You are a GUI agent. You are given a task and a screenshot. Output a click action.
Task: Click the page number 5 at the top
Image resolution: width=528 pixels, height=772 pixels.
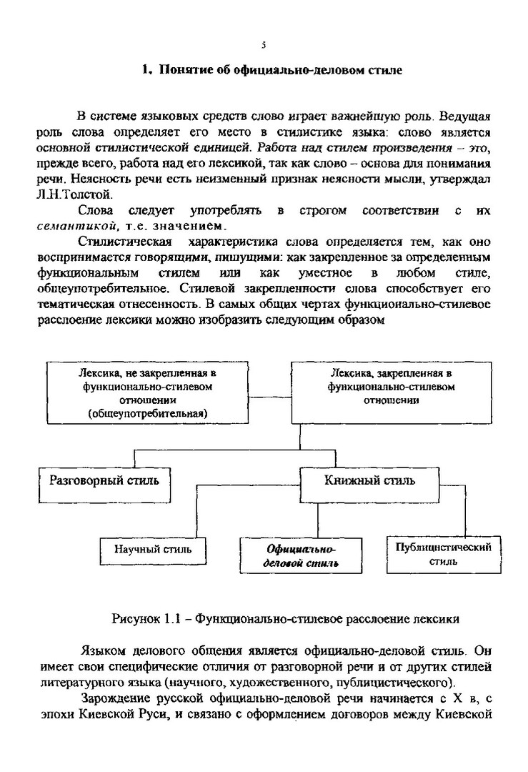(x=264, y=45)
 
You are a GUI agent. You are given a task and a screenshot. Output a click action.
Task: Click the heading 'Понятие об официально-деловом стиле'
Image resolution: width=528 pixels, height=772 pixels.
(x=280, y=70)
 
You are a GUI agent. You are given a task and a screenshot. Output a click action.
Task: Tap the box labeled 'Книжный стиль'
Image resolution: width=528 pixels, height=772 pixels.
(x=369, y=480)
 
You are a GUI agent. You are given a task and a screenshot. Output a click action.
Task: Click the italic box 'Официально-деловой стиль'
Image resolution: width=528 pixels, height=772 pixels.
(x=301, y=555)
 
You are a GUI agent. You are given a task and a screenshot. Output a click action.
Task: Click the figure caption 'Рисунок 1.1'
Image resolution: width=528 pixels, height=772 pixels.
(x=145, y=615)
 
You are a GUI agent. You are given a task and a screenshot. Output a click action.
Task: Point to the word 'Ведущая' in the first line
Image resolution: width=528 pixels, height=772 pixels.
(x=466, y=117)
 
